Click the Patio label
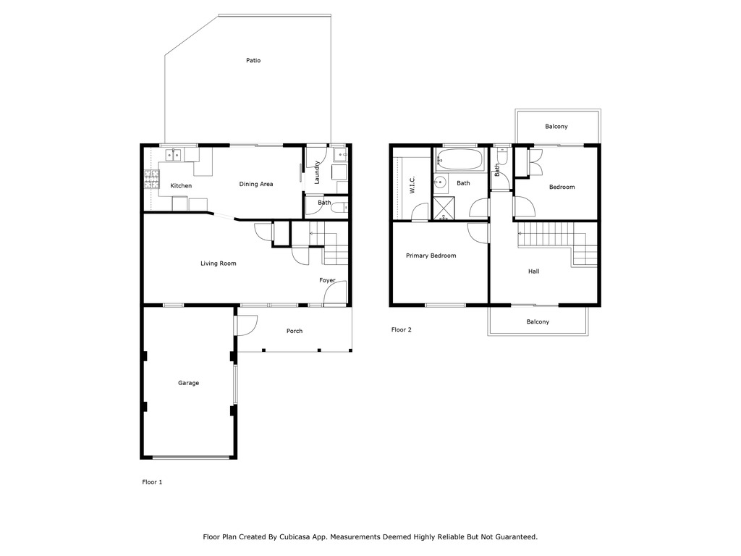coord(253,61)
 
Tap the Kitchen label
coord(181,186)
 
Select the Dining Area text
coord(256,184)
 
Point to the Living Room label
coord(219,264)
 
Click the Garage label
coord(189,383)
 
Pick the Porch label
coord(295,331)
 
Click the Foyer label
coord(327,280)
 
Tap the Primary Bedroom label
coord(431,256)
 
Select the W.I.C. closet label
coord(412,185)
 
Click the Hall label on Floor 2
coord(533,271)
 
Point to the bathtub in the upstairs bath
coord(460,159)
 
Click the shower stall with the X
coord(444,209)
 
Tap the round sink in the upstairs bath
coord(441,182)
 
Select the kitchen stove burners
coord(152,180)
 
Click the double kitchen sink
coord(173,155)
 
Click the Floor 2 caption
coord(401,329)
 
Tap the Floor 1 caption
coord(152,482)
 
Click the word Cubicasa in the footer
coord(295,537)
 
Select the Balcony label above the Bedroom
coord(556,127)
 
